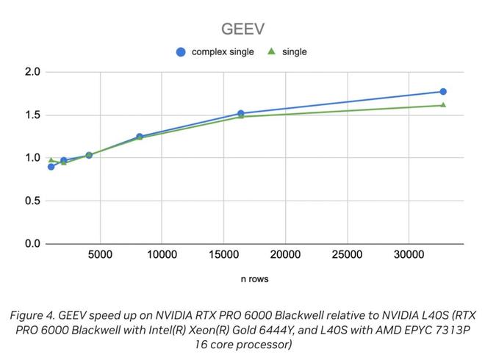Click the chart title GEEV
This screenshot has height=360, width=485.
[x=242, y=29]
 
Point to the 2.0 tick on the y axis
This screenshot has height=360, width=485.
[x=32, y=72]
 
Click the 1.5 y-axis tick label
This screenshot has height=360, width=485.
[x=32, y=115]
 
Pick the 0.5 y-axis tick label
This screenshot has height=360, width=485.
[x=32, y=201]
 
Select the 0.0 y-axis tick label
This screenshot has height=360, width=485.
[x=32, y=243]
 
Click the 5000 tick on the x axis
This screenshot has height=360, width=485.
[x=100, y=255]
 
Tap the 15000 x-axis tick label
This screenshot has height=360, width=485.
[x=223, y=255]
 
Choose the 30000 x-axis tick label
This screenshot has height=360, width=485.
[x=409, y=255]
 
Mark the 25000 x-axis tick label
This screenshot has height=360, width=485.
[x=347, y=255]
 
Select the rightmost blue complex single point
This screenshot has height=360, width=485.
[x=443, y=92]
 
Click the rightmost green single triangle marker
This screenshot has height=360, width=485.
[x=443, y=105]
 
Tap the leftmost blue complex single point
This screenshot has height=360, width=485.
[x=51, y=167]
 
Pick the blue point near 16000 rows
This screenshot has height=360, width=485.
[x=240, y=114]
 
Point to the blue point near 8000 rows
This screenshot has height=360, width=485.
[x=140, y=137]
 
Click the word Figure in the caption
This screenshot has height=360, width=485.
[x=27, y=314]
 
